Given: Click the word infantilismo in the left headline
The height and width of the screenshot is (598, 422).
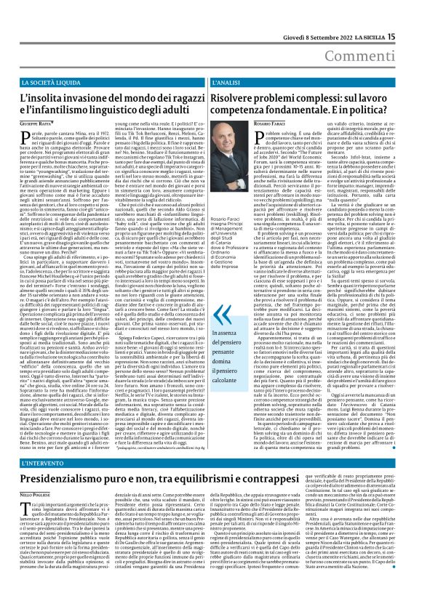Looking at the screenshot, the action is pos(71,110).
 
